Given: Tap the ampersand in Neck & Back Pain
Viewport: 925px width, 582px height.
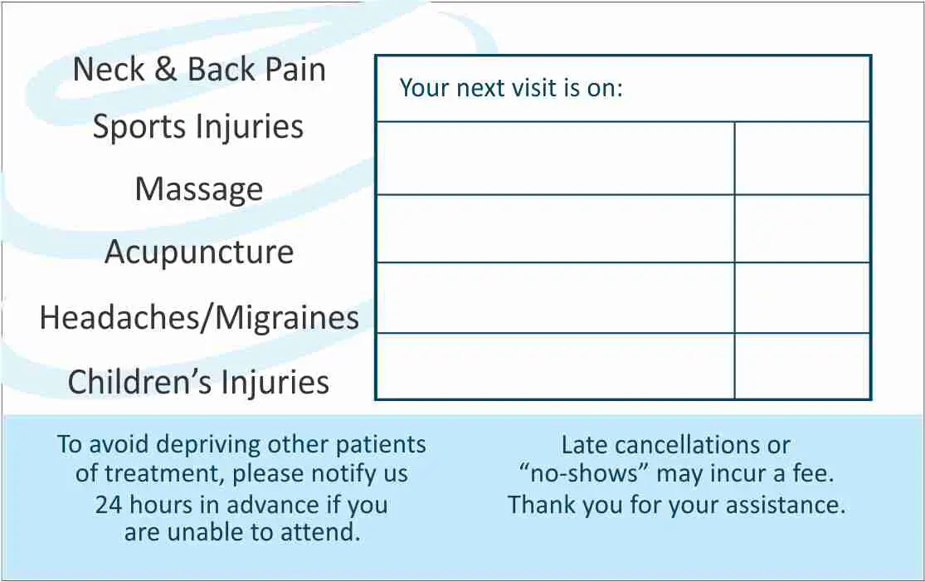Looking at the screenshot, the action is click(167, 69).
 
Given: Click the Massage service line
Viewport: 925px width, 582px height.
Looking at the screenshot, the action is click(199, 190).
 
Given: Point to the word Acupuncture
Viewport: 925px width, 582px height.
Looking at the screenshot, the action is click(199, 252).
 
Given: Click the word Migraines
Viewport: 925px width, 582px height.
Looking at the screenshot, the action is click(287, 317).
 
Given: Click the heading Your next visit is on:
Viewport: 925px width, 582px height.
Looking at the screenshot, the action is click(511, 88).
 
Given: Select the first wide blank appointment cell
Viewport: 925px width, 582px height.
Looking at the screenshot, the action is click(555, 159).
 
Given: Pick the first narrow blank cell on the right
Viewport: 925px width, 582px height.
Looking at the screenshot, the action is click(802, 159).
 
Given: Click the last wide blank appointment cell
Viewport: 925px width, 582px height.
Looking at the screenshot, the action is click(555, 366).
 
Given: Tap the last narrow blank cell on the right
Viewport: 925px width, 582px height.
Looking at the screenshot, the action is click(802, 366).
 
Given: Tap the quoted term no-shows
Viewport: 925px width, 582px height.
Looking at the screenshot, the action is click(585, 473).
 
